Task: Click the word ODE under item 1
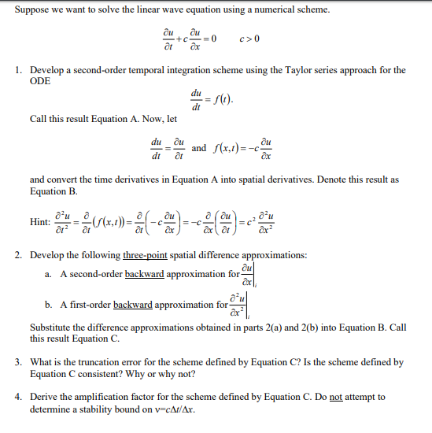pos(42,81)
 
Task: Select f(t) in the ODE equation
pos(226,100)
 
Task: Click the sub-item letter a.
pos(49,273)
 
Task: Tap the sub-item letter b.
pos(49,304)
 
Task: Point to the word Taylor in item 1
pos(290,70)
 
